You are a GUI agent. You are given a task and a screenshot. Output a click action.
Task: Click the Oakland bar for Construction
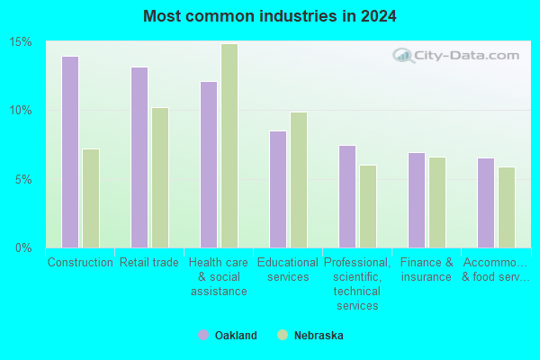[x=70, y=152]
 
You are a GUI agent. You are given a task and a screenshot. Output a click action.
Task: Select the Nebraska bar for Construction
[x=91, y=198]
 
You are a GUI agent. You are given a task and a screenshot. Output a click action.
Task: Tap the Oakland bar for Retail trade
[x=139, y=157]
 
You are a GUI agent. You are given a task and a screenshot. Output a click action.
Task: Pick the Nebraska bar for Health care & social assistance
[x=229, y=146]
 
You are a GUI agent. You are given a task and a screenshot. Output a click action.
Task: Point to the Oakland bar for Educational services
[x=278, y=189]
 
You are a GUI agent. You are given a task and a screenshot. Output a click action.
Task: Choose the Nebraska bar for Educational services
[x=299, y=180]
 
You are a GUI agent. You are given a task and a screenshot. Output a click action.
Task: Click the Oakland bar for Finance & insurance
[x=417, y=200]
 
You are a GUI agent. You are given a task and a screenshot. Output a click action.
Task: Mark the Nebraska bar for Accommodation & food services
[x=507, y=207]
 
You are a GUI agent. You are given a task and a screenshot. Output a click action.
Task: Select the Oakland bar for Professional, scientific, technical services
[x=347, y=196]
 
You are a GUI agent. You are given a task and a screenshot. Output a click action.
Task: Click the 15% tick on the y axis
[x=21, y=42]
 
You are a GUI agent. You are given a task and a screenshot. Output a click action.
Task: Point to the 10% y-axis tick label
[x=21, y=111]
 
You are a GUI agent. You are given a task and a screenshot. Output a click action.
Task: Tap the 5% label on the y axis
[x=23, y=179]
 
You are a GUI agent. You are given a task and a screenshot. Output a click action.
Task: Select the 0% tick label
[x=23, y=247]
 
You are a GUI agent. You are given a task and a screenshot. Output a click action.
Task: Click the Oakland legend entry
[x=228, y=335]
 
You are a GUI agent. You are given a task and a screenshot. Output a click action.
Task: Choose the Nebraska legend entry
[x=310, y=335]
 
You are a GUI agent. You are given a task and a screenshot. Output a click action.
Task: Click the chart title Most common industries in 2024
[x=270, y=16]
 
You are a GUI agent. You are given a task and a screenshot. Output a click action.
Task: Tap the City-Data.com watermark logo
[x=455, y=56]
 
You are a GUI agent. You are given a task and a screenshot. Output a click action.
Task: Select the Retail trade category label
[x=149, y=263]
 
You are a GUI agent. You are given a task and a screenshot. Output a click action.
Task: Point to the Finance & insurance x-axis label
[x=427, y=270]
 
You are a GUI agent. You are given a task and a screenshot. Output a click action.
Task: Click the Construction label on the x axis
[x=80, y=263]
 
